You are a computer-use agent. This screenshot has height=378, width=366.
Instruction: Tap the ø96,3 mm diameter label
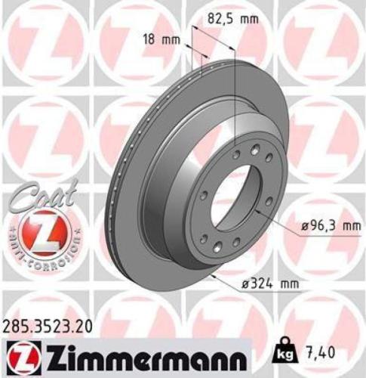[x=325, y=225]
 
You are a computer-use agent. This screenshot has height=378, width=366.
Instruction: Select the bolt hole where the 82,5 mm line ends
[x=236, y=153]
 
